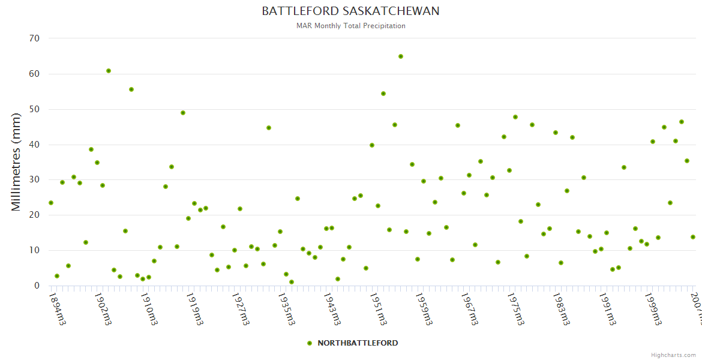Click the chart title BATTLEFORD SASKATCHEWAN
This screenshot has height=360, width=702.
coord(350,11)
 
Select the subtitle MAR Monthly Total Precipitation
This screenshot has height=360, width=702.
coord(350,26)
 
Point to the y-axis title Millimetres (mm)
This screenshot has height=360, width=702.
coord(16,162)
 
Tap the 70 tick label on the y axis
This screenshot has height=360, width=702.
coord(34,38)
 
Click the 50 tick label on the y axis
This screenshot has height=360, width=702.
coord(34,109)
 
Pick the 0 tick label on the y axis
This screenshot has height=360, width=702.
coord(37,286)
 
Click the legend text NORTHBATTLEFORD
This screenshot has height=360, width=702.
coord(358,343)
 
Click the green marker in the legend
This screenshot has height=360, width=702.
coord(310,343)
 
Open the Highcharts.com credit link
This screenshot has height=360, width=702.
coord(673,355)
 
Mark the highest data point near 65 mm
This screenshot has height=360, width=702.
coord(401,56)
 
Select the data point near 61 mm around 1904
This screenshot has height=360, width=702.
coord(109,71)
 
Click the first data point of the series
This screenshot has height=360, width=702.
coord(51,203)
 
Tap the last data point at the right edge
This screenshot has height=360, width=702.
coord(693,237)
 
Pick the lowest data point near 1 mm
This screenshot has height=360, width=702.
coord(292,282)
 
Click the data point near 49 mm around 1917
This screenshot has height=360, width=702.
coord(183,113)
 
